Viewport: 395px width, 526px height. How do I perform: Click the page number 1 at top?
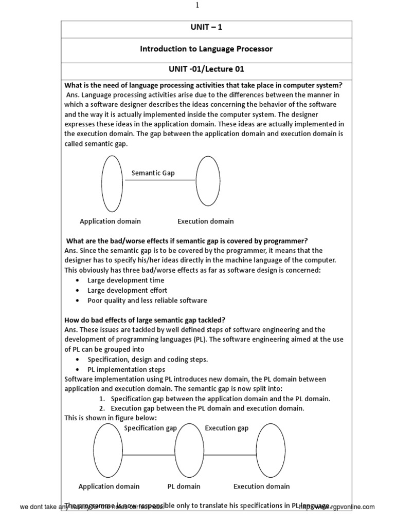tap(197, 6)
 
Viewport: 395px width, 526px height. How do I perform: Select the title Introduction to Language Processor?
tap(206, 49)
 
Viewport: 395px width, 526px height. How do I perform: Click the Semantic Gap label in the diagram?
tap(153, 173)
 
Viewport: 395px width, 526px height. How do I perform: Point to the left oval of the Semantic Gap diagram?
tap(112, 183)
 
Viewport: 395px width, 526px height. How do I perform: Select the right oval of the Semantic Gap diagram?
tap(208, 181)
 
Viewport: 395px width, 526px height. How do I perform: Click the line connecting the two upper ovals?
tap(159, 180)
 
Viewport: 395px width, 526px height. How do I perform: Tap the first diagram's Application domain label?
tap(110, 221)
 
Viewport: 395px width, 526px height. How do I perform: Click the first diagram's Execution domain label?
tap(205, 221)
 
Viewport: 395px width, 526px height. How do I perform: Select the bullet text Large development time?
tap(126, 280)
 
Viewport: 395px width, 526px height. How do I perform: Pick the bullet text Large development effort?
tap(127, 290)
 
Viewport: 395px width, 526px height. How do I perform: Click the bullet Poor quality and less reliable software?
tap(147, 300)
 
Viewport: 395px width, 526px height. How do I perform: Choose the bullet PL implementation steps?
tap(127, 369)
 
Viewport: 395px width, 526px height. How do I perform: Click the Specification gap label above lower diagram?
tap(150, 428)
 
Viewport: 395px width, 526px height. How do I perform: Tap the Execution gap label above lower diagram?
tap(226, 428)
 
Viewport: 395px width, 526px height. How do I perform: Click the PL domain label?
tap(184, 486)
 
